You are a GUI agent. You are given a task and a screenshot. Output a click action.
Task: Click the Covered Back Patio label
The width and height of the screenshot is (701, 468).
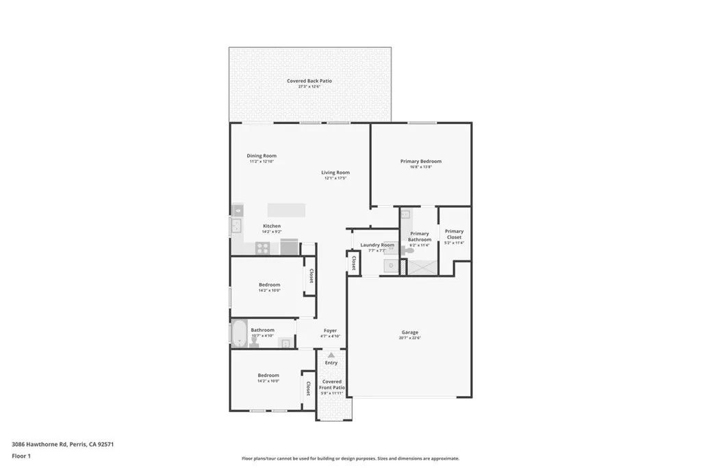309,81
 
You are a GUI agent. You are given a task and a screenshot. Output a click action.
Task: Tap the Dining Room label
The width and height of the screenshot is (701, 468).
262,156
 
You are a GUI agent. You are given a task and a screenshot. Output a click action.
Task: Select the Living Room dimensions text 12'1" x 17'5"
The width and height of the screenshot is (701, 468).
335,178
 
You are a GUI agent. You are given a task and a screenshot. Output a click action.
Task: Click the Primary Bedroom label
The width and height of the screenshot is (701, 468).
421,161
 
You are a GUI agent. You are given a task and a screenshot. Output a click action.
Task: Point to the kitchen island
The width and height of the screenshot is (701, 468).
286,210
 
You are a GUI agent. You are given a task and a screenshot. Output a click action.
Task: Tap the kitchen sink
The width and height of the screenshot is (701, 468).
238,227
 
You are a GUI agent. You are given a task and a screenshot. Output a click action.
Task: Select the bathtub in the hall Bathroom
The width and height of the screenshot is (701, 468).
239,334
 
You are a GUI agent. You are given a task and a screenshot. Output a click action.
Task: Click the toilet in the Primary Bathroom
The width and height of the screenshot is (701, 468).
409,251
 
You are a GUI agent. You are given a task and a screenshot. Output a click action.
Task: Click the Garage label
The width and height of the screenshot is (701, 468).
410,332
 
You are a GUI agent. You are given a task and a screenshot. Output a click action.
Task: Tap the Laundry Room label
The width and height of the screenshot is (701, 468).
377,245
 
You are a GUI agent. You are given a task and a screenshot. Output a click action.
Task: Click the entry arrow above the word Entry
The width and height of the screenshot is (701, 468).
331,356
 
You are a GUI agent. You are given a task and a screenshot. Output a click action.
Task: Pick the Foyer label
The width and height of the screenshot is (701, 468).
330,330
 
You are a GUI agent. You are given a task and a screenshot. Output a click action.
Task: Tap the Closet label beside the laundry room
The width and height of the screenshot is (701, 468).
354,262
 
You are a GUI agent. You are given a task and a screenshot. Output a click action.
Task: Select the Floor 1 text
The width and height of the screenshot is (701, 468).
21,456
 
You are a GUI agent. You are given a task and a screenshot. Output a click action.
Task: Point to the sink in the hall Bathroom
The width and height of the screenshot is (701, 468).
285,343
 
